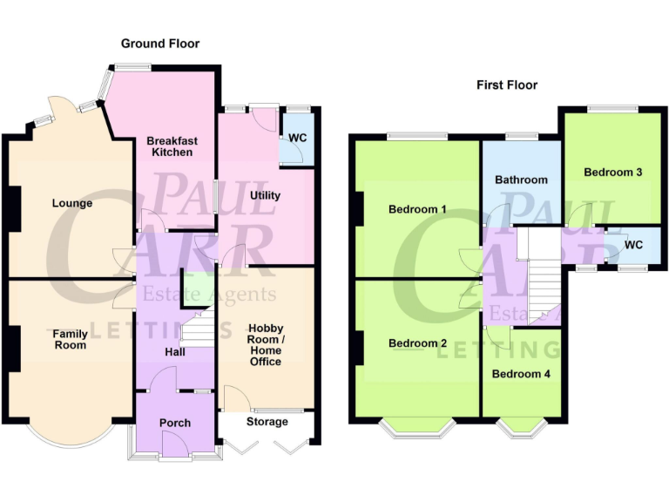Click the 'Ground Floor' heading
coord(160,44)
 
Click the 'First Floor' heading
coord(507,85)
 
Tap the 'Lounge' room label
coord(72,204)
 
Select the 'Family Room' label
coord(70,340)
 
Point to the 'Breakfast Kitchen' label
coord(172,146)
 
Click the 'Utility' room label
coord(265,195)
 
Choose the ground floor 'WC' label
coord(298,139)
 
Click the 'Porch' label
coord(174,424)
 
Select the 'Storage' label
coord(267,422)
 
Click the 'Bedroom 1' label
coord(418,210)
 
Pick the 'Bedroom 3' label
coord(613,173)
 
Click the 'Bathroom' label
coord(522,180)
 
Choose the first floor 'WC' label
coord(633,245)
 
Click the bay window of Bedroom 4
coord(522,426)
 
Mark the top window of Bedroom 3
coord(612,109)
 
